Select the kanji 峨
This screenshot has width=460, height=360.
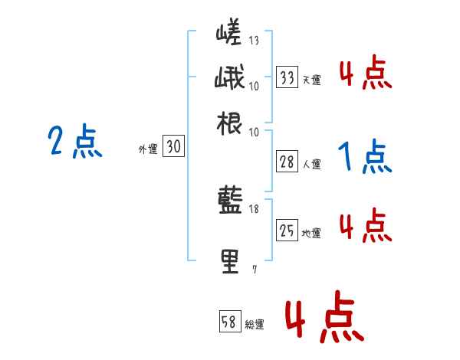click(x=229, y=80)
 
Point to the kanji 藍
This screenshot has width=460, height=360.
click(x=229, y=202)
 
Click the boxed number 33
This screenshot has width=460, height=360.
click(x=287, y=77)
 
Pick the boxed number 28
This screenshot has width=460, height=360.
click(x=287, y=162)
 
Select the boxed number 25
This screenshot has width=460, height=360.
click(x=287, y=231)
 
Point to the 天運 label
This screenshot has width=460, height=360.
click(x=311, y=80)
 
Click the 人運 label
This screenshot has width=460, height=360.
click(x=311, y=164)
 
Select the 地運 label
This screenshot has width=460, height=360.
click(x=311, y=233)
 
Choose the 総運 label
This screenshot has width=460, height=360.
click(x=255, y=324)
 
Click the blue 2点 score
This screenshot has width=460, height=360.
click(x=75, y=142)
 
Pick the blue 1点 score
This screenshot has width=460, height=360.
click(x=365, y=157)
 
